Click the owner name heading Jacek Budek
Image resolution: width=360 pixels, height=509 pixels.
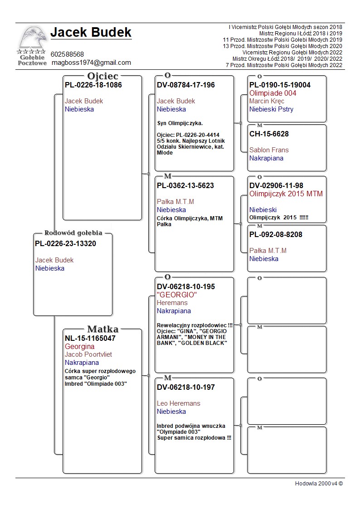pyautogui.click(x=91, y=32)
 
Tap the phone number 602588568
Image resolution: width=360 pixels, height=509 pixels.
pyautogui.click(x=67, y=54)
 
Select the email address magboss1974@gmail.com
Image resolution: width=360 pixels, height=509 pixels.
pyautogui.click(x=91, y=63)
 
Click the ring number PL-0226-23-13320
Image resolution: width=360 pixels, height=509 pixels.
pyautogui.click(x=65, y=244)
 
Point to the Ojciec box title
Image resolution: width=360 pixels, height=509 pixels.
pyautogui.click(x=102, y=76)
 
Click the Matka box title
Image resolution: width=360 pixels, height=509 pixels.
pyautogui.click(x=102, y=329)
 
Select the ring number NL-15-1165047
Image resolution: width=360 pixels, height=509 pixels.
pyautogui.click(x=90, y=338)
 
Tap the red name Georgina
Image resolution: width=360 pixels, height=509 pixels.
pyautogui.click(x=79, y=346)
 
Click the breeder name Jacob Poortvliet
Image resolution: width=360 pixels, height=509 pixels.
pyautogui.click(x=88, y=354)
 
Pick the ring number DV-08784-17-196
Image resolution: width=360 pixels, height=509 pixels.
pyautogui.click(x=186, y=85)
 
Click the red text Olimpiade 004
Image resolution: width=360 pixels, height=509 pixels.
pyautogui.click(x=273, y=93)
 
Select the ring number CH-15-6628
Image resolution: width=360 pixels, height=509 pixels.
pyautogui.click(x=269, y=134)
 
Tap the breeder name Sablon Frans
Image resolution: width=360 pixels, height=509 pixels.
pyautogui.click(x=269, y=150)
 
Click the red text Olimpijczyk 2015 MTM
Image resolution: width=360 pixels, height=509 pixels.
pyautogui.click(x=286, y=194)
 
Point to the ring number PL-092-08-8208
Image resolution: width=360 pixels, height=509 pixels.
pyautogui.click(x=276, y=235)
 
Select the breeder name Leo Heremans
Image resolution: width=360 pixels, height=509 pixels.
pyautogui.click(x=179, y=403)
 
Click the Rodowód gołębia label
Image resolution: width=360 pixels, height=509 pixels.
pyautogui.click(x=73, y=233)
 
